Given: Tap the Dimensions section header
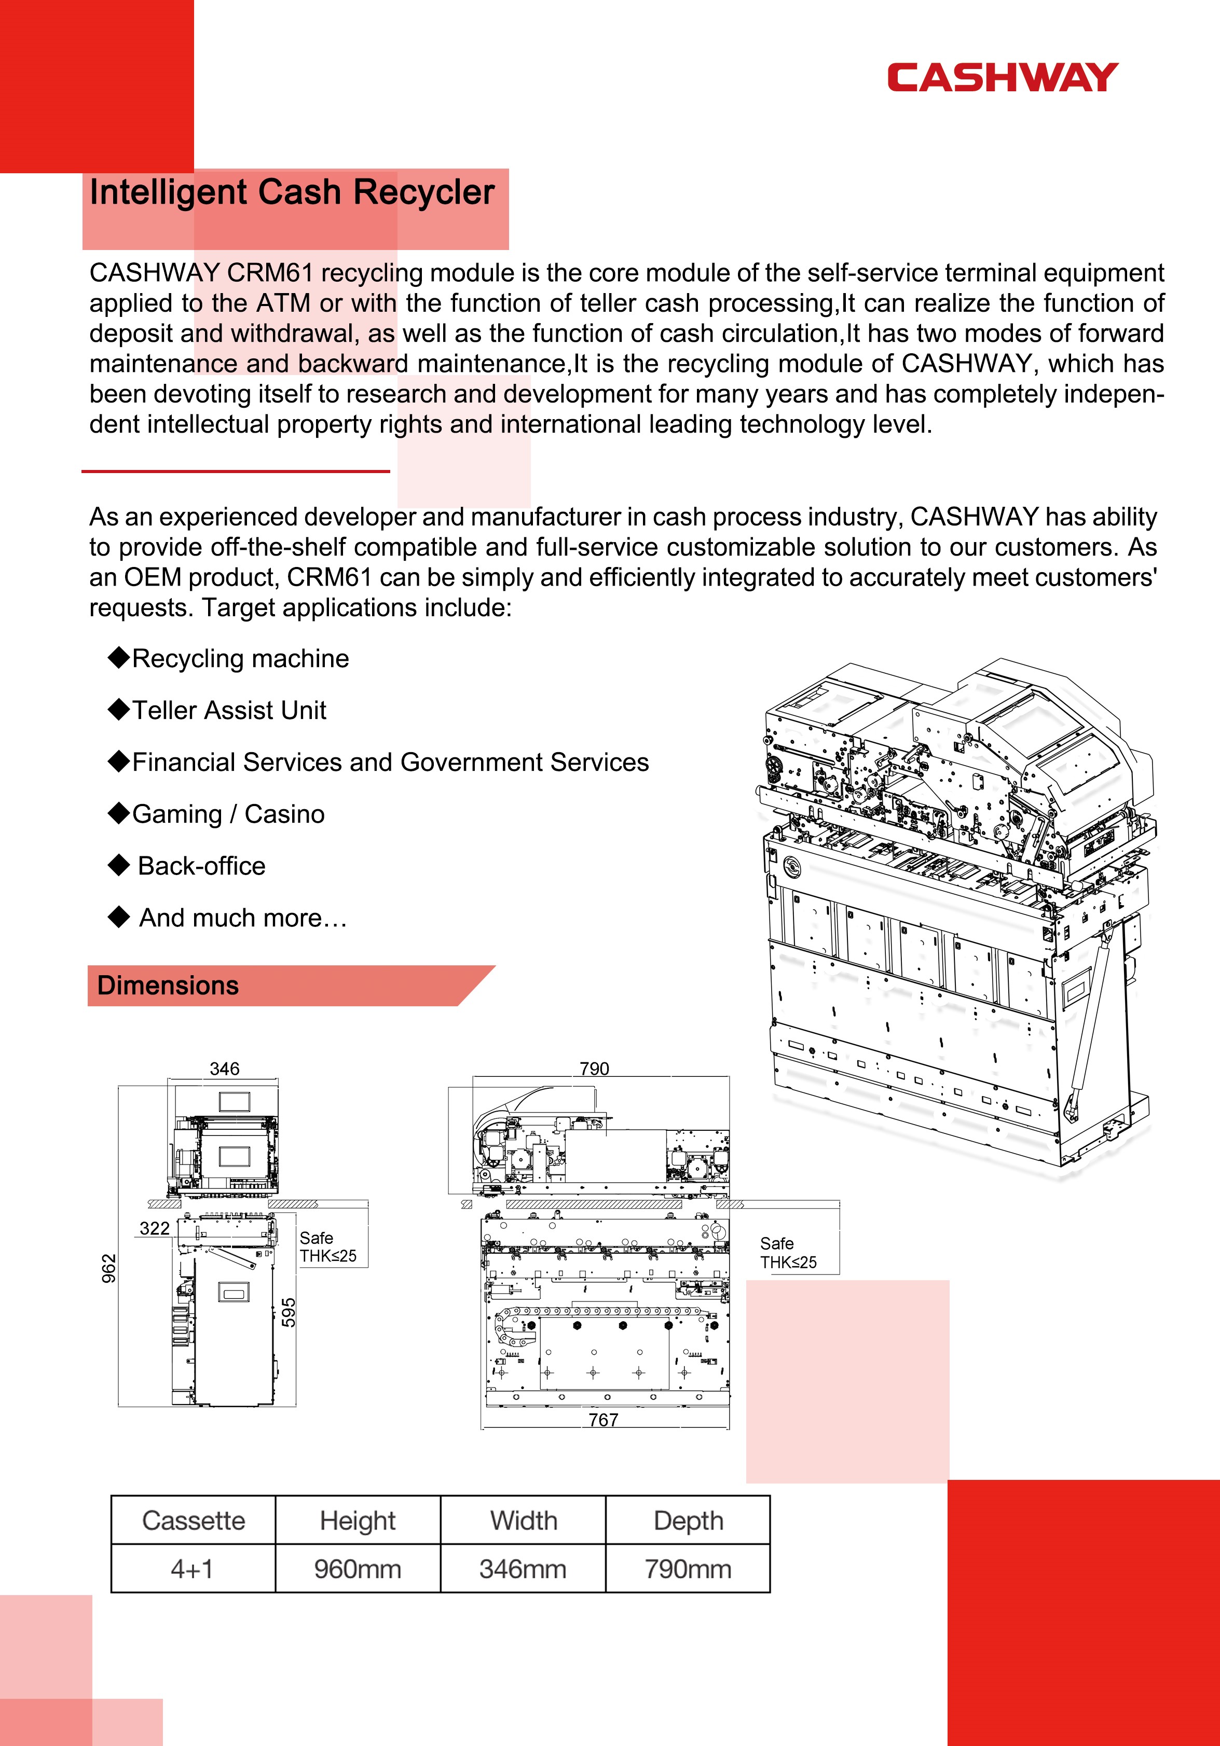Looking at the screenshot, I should (x=168, y=986).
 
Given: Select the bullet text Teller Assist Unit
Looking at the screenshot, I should (x=229, y=710).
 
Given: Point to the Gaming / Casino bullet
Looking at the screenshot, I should (x=228, y=814).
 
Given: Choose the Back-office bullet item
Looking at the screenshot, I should (x=201, y=866).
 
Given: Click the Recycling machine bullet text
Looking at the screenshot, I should (x=240, y=659).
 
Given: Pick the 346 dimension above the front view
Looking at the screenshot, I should (x=224, y=1069).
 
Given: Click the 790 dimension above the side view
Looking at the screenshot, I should (x=594, y=1069).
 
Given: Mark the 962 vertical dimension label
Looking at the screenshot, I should (x=109, y=1268).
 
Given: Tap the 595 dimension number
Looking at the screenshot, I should (x=289, y=1312).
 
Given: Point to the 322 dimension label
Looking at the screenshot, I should (x=155, y=1228).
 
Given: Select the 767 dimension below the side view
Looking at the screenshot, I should (x=603, y=1419).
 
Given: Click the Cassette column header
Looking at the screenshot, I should (x=193, y=1520).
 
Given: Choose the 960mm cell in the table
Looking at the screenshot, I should (x=358, y=1569).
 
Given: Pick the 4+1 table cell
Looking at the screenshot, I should (x=193, y=1569).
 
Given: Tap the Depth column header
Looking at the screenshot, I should (x=688, y=1520).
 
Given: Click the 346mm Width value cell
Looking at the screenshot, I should (x=523, y=1569).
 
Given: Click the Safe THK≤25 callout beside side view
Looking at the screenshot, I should (x=788, y=1253).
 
